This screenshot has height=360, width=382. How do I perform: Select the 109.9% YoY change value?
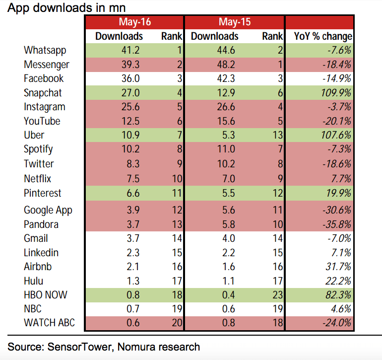[x=337, y=93]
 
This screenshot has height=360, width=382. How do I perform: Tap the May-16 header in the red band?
[x=134, y=22]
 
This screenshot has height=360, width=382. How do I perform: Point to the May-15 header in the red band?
[x=234, y=22]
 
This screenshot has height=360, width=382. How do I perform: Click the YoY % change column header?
[x=323, y=36]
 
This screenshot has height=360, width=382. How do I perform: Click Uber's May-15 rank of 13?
[x=276, y=135]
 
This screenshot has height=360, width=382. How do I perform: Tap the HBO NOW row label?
[x=46, y=295]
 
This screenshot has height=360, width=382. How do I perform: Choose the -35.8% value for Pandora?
[x=337, y=224]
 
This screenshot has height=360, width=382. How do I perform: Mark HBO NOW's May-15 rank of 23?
[x=276, y=295]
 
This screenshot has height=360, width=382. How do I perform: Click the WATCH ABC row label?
[x=49, y=323]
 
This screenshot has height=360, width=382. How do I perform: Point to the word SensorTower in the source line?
[x=78, y=346]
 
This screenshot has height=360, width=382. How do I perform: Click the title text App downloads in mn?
[x=66, y=7]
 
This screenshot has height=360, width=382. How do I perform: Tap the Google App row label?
[x=48, y=210]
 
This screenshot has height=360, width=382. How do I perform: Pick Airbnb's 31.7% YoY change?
[x=339, y=267]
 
